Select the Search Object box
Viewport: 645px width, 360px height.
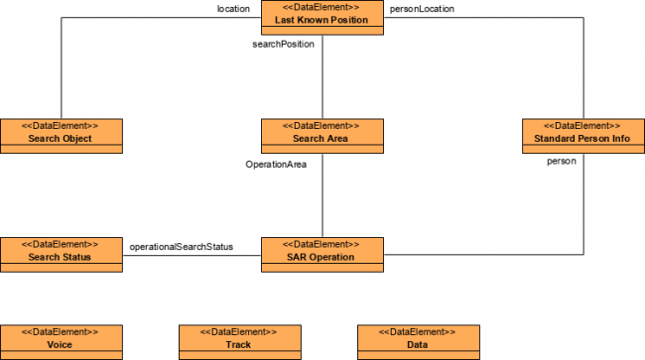pos(61,135)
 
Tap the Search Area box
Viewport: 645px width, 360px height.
pos(322,135)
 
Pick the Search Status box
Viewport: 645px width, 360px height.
pos(61,252)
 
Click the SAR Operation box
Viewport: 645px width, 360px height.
pos(322,252)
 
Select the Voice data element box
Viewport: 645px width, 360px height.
pos(61,340)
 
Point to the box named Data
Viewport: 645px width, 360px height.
pos(418,340)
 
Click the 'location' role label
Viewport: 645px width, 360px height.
pos(233,9)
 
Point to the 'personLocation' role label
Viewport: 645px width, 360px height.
pos(422,9)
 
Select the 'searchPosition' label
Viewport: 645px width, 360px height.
pos(285,45)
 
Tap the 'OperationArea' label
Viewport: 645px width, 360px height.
pos(276,164)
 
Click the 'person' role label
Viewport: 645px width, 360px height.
pos(562,161)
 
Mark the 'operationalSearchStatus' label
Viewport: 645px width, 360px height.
pos(181,245)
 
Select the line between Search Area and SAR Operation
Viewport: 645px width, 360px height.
pos(322,198)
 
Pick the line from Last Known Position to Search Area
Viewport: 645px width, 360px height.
pos(322,84)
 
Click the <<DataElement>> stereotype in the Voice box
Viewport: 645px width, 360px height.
pos(61,331)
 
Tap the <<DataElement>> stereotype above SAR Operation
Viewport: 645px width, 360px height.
pos(322,243)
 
